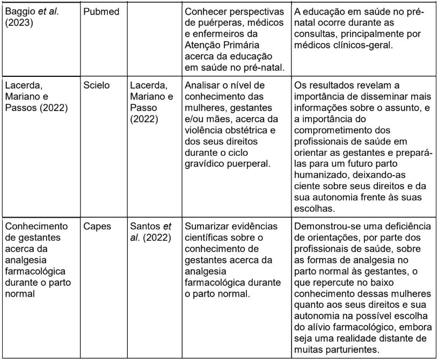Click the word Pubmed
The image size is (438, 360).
coord(100,12)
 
